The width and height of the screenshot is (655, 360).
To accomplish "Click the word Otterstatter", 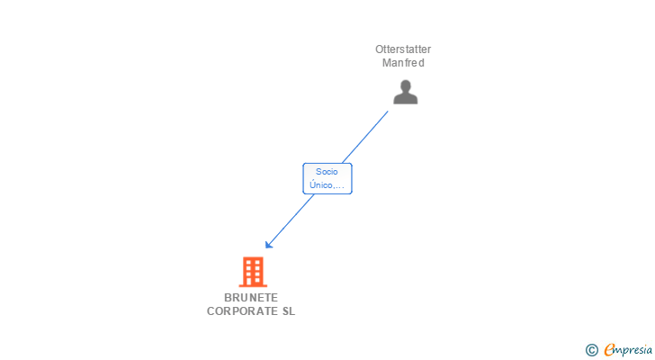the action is (403, 49).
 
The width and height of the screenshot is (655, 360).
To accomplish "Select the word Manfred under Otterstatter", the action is (403, 63).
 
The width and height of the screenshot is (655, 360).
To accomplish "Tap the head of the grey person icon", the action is (405, 86).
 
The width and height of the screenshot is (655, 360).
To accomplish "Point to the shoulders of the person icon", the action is (405, 99).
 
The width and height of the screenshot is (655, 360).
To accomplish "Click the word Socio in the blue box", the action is (327, 172).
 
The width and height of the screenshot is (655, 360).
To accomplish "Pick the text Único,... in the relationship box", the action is (327, 185).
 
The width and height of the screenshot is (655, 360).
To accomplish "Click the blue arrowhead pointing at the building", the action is (269, 244).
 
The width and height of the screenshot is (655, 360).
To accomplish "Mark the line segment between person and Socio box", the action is (364, 137).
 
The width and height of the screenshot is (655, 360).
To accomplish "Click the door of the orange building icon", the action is (249, 281).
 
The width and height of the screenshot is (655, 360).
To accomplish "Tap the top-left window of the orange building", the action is (248, 262).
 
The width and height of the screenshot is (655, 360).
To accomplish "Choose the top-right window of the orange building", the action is (257, 262).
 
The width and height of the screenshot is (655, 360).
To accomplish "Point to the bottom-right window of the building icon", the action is (257, 280).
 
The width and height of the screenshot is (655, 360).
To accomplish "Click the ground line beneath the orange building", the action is (253, 286).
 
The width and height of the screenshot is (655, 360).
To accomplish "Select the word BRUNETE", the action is (251, 297).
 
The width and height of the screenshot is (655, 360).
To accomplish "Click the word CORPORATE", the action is (242, 311).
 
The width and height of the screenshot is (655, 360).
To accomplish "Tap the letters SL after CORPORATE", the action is (289, 311).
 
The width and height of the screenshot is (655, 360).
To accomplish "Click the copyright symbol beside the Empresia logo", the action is (591, 350).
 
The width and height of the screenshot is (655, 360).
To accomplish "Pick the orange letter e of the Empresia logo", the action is (609, 349).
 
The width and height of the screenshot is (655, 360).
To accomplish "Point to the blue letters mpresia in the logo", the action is (633, 350).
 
